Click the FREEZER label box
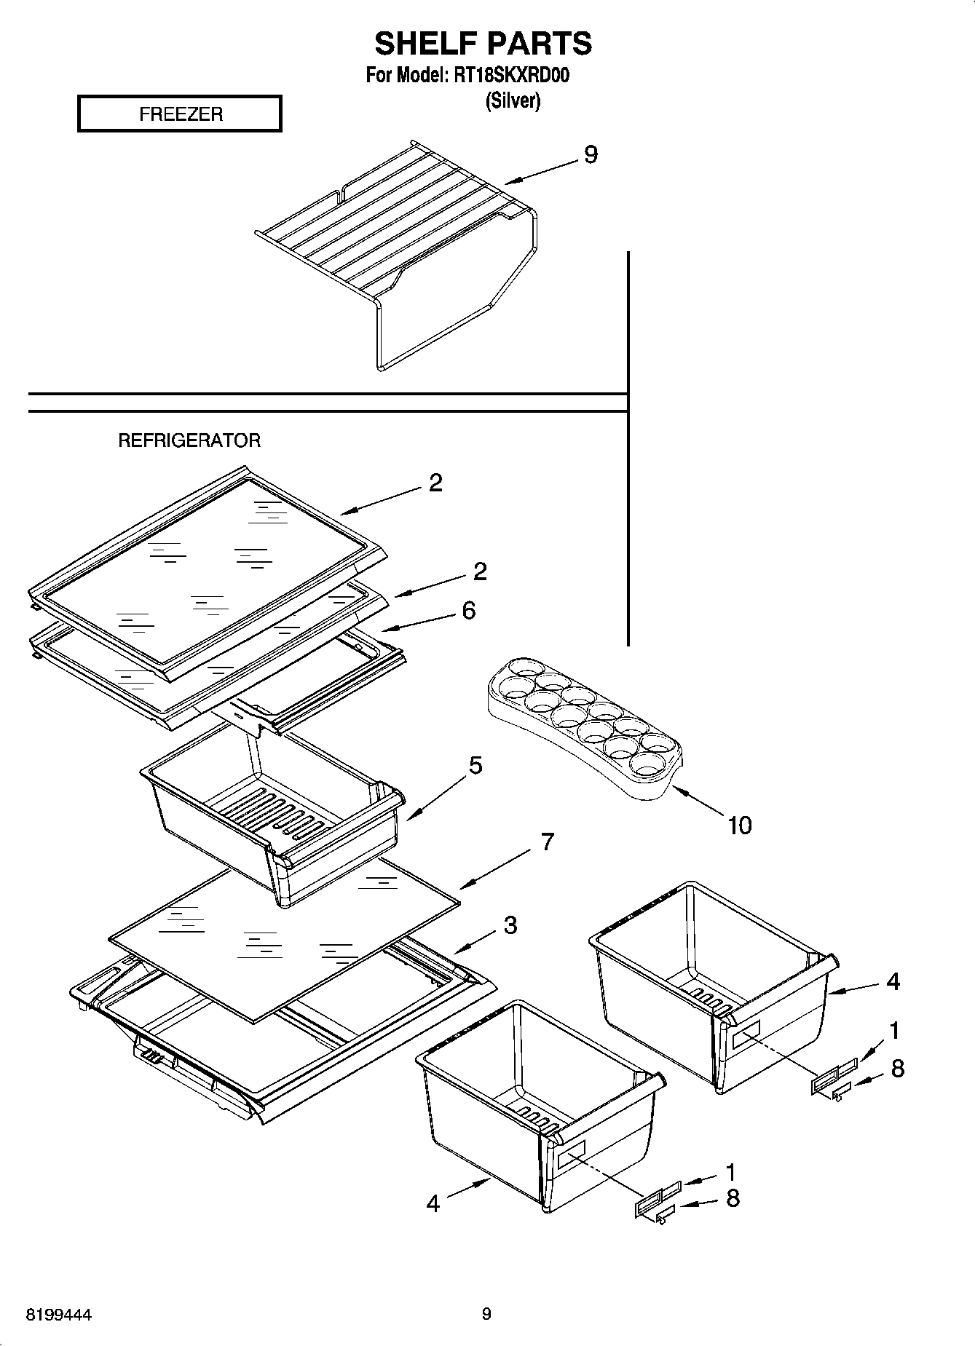tap(179, 114)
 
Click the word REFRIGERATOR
tap(189, 440)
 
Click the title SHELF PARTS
tap(483, 44)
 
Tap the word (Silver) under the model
tap(513, 100)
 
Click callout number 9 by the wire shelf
tap(590, 154)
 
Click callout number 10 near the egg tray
tap(739, 825)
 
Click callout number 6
tap(468, 610)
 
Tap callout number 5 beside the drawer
tap(475, 765)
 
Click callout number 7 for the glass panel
tap(548, 842)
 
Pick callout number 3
tap(510, 925)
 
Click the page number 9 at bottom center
tap(486, 1313)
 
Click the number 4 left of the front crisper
tap(433, 1203)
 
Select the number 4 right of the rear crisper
tap(893, 981)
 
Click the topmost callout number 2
tap(435, 483)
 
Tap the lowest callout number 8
tap(733, 1197)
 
